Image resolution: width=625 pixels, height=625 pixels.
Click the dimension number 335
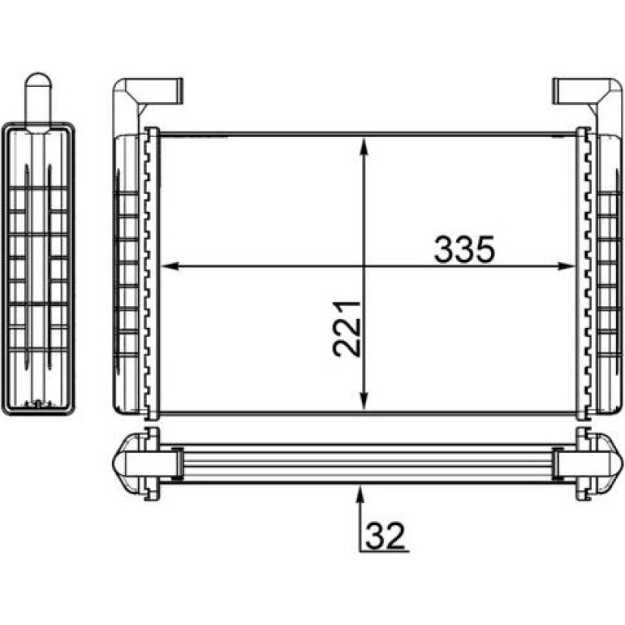pos(464,250)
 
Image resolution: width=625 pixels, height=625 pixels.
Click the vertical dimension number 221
pos(346,329)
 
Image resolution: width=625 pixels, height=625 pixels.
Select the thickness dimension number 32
pos(385,536)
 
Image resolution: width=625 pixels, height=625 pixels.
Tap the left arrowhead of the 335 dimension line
pos(170,266)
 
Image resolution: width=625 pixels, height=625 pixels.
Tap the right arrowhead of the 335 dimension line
pos(566,266)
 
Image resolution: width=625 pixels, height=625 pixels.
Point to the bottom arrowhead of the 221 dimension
pos(364,401)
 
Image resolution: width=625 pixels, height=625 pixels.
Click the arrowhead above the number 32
pos(360,494)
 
